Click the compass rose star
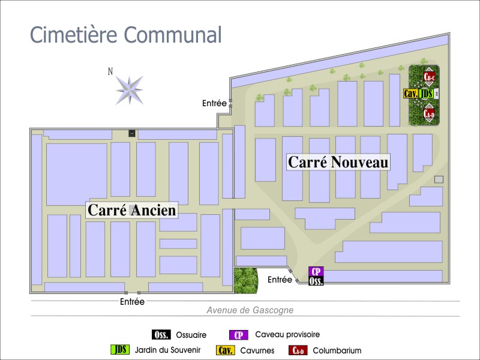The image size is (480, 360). (x=129, y=89)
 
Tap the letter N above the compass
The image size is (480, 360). (x=110, y=71)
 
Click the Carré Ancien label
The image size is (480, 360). (x=132, y=210)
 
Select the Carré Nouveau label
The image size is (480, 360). (x=338, y=162)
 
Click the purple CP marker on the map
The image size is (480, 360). (x=316, y=271)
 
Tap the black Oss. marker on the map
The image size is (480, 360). (x=316, y=281)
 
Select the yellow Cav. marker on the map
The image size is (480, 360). (x=411, y=94)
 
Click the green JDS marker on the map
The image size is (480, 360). (x=426, y=94)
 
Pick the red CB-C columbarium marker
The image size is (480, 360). (x=429, y=77)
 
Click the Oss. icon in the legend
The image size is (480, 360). (x=161, y=335)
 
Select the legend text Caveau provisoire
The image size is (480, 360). (x=287, y=335)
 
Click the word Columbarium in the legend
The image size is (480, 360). (x=337, y=350)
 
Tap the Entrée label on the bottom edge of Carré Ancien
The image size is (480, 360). (x=132, y=302)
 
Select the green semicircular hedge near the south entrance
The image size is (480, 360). (x=245, y=280)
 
